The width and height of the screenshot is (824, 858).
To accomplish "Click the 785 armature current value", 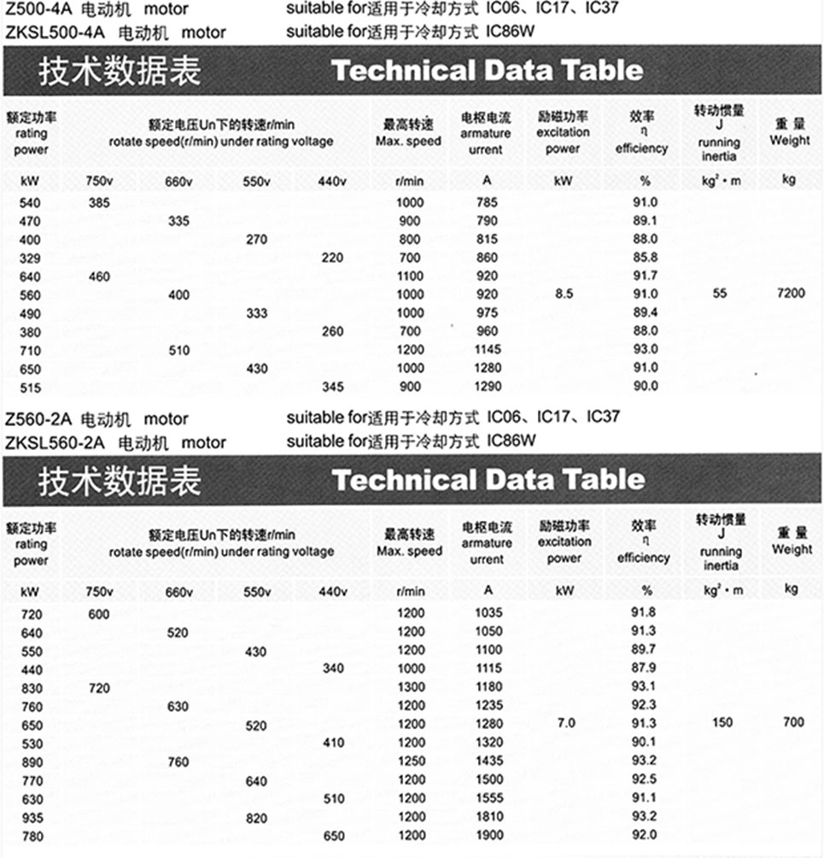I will point(488,202).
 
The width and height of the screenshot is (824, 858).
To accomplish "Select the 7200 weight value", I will point(791,293).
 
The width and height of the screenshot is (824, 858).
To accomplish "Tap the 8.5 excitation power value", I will point(563,293).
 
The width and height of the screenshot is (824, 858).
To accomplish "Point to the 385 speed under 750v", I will point(99,202).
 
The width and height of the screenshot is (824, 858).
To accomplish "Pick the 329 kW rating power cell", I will point(30,257).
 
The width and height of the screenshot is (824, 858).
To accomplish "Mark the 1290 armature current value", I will point(488,386).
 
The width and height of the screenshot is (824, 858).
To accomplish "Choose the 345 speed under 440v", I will point(333,386).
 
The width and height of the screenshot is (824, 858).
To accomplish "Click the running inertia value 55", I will point(720,293).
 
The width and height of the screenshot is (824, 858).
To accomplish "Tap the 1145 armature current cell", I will point(488,349).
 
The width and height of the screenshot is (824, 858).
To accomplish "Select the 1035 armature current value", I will point(488,613).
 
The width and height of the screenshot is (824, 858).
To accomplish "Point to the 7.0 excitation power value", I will point(566,723).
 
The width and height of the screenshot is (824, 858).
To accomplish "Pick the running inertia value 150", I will point(722,723).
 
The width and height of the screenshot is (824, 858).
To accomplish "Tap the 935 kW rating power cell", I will point(30,817).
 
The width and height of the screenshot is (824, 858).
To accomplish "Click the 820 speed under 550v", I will point(256,817).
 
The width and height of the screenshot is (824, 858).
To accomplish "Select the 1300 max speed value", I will point(411,687).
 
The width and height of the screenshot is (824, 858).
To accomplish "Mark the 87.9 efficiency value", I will point(644,668).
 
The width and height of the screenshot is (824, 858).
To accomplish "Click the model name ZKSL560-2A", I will point(54,442).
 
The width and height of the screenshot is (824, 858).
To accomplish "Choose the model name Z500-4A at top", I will point(39,10).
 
